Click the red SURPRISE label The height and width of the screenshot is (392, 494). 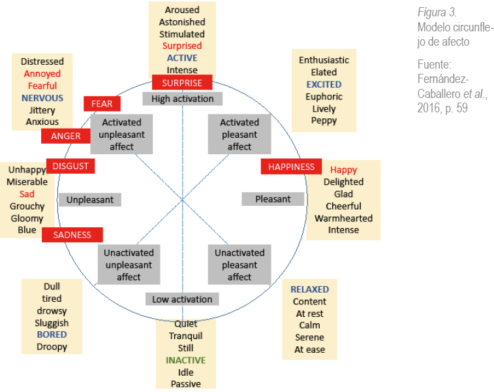coord(182,83)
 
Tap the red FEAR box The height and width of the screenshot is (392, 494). coord(102,104)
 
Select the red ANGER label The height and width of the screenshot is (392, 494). coord(65,136)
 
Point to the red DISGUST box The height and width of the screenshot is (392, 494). coord(70,166)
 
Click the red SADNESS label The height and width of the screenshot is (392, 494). coord(72,235)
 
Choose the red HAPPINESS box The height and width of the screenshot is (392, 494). coord(291,167)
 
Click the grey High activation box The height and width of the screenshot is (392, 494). coord(182,99)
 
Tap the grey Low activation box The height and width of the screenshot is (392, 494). coord(182,299)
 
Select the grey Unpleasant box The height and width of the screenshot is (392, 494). coord(90,199)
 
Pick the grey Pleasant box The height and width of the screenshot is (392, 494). coord(273,199)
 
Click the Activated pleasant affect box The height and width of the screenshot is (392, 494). coord(239,135)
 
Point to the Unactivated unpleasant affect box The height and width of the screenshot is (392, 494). coord(129,265)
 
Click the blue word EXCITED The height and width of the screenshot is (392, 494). coord(324,84)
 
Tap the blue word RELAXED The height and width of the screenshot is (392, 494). coord(309,289)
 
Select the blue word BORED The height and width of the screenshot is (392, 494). coord(52,335)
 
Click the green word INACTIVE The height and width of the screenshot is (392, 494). coord(185,360)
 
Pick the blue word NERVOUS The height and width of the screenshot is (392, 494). coord(42,97)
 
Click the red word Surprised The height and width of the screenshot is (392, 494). coord(182,46)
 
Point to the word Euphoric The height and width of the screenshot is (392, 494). coord(324,97)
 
